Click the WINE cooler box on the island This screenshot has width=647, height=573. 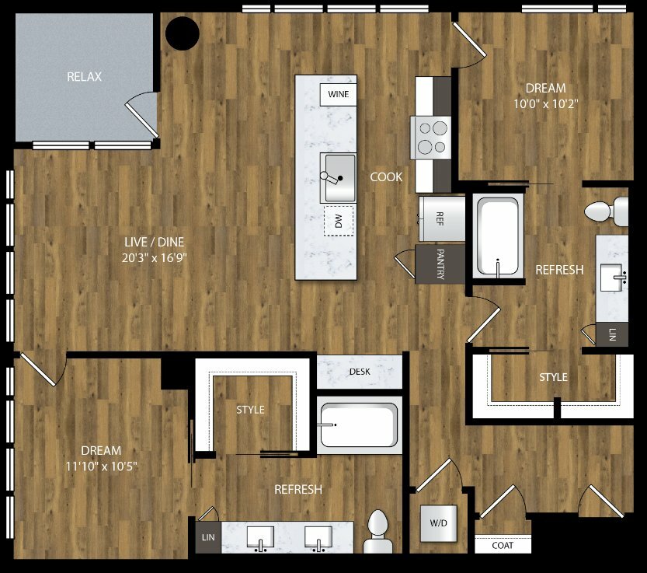pyautogui.click(x=338, y=94)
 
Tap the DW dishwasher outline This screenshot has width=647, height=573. pyautogui.click(x=339, y=221)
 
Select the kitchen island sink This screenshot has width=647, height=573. pyautogui.click(x=339, y=177)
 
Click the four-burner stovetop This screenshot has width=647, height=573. pyautogui.click(x=430, y=138)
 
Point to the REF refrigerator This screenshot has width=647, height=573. pyautogui.click(x=441, y=218)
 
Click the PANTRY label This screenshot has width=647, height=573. pyautogui.click(x=440, y=264)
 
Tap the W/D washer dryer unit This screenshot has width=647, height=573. pyautogui.click(x=439, y=523)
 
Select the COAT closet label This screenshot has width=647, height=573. pyautogui.click(x=503, y=545)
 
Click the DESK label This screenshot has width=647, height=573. pyautogui.click(x=360, y=372)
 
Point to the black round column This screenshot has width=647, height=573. pyautogui.click(x=183, y=33)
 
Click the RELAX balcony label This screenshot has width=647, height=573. pyautogui.click(x=84, y=76)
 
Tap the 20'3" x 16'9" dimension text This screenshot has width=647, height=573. pyautogui.click(x=155, y=258)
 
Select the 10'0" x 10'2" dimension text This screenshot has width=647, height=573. pyautogui.click(x=545, y=103)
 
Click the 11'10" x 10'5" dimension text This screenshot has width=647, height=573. pyautogui.click(x=102, y=466)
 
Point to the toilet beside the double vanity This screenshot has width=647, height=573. pyautogui.click(x=377, y=532)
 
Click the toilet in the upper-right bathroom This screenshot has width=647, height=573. pyautogui.click(x=606, y=211)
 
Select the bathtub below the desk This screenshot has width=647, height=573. pyautogui.click(x=359, y=425)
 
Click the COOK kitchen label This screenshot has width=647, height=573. pyautogui.click(x=386, y=176)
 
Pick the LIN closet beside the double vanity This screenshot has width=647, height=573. pyautogui.click(x=208, y=537)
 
